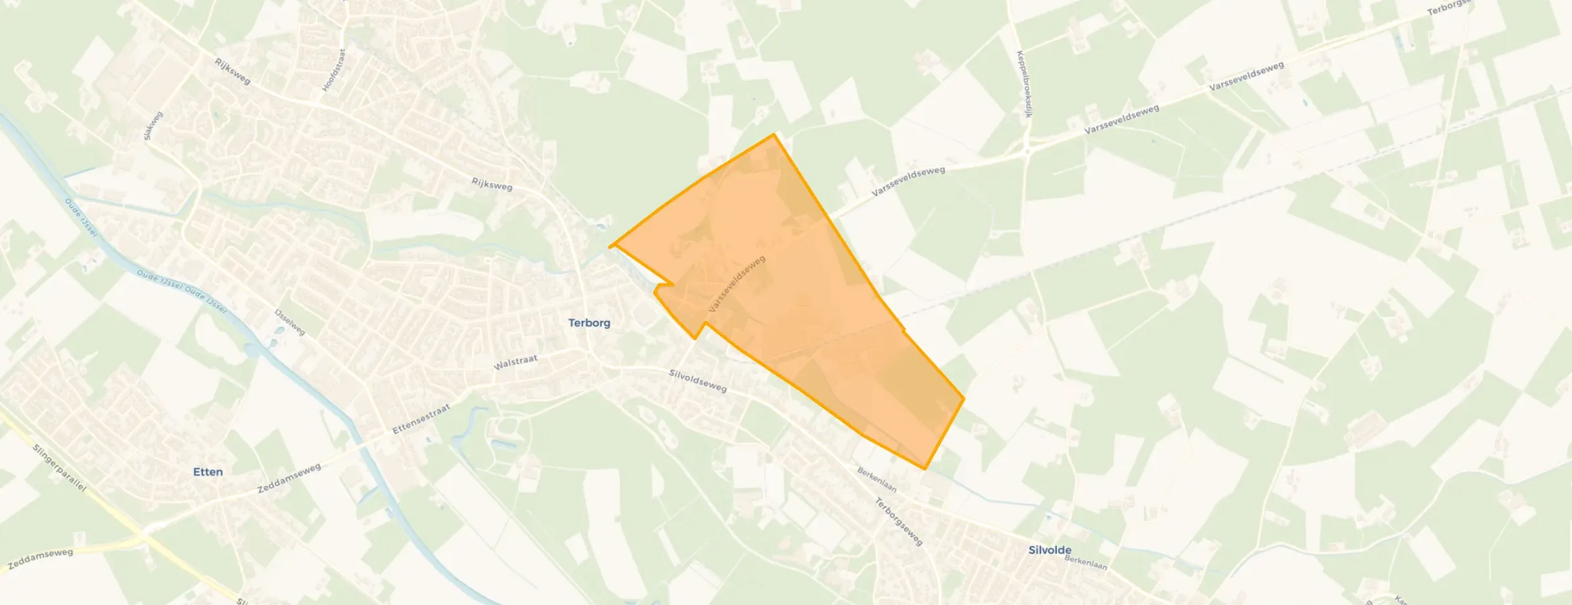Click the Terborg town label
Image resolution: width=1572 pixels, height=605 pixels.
(x=589, y=323)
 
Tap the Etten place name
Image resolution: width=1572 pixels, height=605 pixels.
(x=208, y=472)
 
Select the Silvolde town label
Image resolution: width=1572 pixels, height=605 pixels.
(x=1050, y=550)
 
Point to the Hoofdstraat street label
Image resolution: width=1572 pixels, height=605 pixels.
(x=333, y=70)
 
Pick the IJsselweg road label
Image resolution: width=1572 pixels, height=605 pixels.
(x=290, y=322)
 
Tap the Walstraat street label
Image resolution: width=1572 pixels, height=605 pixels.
(x=515, y=362)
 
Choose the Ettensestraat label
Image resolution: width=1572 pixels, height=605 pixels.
(x=421, y=419)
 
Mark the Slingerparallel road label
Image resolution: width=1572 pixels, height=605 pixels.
(x=60, y=468)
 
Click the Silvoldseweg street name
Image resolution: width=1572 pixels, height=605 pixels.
(x=697, y=381)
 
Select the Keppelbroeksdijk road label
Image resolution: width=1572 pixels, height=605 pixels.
(x=1022, y=84)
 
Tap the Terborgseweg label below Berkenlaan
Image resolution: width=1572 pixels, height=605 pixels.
(x=898, y=521)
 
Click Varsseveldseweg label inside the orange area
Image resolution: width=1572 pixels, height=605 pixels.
(x=737, y=284)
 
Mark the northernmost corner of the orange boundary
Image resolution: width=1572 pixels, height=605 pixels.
(x=774, y=134)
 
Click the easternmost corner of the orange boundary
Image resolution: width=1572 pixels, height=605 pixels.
(x=964, y=398)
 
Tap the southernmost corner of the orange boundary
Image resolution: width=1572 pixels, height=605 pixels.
(x=925, y=469)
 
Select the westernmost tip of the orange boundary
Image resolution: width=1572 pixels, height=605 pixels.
(x=610, y=247)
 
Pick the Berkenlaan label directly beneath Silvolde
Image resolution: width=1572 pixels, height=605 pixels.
(x=1085, y=564)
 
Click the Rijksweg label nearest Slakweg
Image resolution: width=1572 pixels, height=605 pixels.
(x=233, y=71)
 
